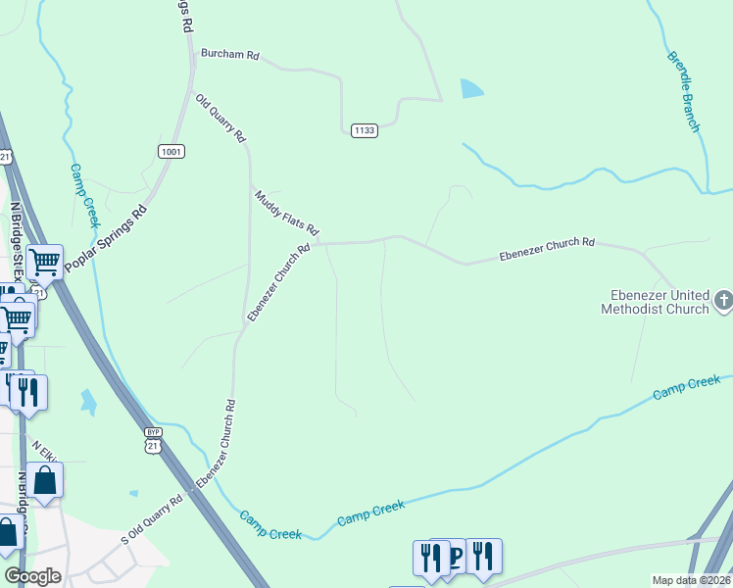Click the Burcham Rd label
pos(229,55)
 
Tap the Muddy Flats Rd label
pos(287,213)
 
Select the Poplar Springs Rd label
pos(105,238)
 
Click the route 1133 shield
pos(365,130)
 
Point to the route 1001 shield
pos(171,151)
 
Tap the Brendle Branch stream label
pos(683,92)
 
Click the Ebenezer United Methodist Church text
pos(654,303)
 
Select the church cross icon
pos(723,300)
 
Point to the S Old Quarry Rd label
pos(152,519)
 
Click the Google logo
pos(33,575)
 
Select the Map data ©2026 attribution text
pos(691,580)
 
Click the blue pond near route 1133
pos(471,89)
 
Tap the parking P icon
pos(455,557)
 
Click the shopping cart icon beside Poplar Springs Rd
pos(44,262)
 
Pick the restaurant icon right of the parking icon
pos(482,555)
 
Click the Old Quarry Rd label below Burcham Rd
pos(220,120)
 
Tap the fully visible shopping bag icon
pos(44,480)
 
